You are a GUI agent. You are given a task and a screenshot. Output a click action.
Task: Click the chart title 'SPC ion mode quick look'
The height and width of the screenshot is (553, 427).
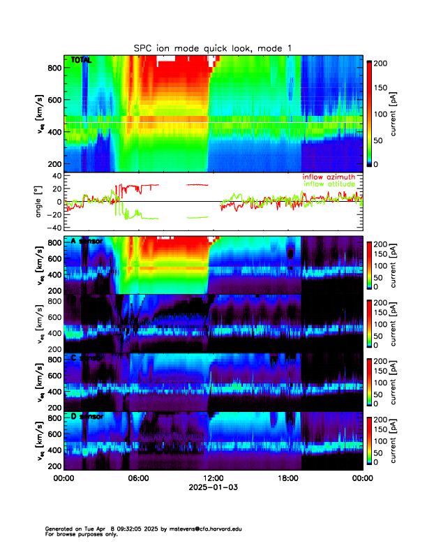pos(213,47)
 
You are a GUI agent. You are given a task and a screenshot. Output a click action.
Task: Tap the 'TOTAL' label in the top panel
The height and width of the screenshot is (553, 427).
pos(81,61)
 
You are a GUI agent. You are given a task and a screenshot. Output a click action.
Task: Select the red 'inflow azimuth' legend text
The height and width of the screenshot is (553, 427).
pos(329,177)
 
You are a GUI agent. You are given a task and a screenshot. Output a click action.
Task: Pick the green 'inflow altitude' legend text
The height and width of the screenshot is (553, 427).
pos(330,184)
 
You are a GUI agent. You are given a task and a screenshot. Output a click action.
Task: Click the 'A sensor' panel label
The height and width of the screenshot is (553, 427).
pos(87,241)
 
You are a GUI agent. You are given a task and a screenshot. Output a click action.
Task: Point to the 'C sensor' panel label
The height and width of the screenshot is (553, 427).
pos(87,357)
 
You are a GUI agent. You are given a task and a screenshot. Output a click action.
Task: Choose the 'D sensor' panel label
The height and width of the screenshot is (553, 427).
pos(87,416)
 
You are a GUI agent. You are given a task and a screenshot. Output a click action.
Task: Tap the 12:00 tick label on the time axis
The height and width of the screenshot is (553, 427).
pos(213,478)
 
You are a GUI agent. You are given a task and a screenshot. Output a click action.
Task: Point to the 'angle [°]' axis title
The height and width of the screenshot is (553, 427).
pos(40,201)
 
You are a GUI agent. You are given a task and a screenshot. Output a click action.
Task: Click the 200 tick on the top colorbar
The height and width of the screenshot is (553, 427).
pos(382,62)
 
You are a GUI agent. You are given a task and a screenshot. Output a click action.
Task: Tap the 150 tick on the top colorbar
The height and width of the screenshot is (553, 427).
pos(382,88)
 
